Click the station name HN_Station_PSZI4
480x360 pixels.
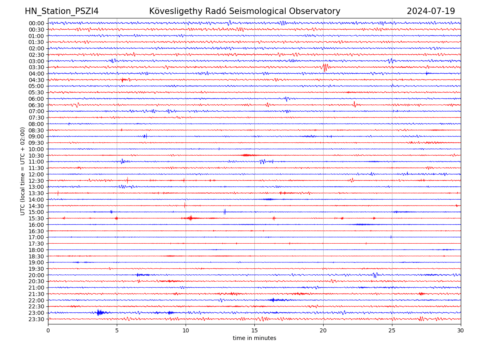62,11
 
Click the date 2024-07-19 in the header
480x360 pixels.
431,11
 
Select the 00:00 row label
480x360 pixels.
36,23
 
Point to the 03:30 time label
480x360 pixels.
36,67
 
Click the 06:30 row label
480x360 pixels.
36,105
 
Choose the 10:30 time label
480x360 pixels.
36,156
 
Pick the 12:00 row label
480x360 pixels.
36,174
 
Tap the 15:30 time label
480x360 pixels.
36,218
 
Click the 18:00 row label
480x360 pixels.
36,250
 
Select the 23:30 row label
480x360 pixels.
36,319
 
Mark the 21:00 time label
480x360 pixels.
36,288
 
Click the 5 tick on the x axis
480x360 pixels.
117,331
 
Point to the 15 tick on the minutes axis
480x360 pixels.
254,331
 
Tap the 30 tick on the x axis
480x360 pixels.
461,331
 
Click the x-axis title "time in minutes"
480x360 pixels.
254,338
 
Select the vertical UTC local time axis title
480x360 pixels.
23,171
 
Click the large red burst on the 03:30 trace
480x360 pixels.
325,67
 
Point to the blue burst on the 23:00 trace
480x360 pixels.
100,312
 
